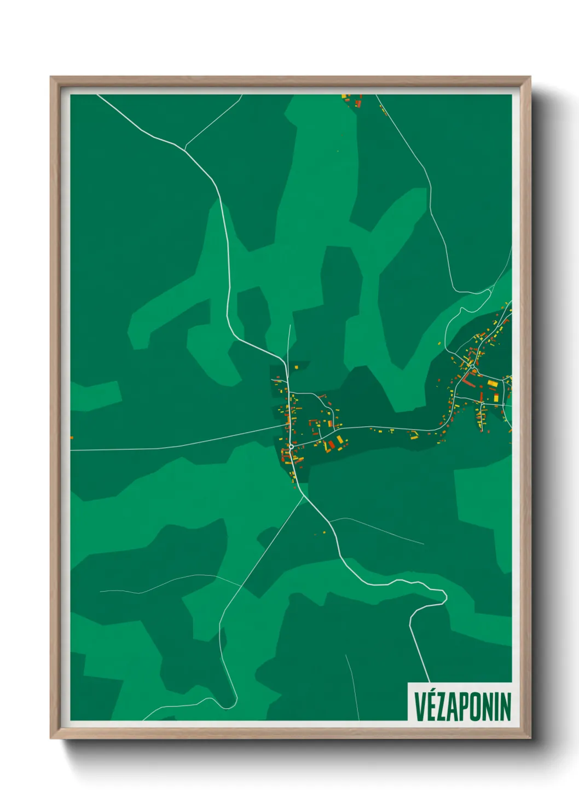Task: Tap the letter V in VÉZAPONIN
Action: [x=420, y=706]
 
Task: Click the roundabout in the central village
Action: [x=292, y=447]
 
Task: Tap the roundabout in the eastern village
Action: [x=472, y=374]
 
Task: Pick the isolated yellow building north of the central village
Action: [x=296, y=366]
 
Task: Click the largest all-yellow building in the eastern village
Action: [x=493, y=384]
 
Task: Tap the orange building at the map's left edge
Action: [x=72, y=437]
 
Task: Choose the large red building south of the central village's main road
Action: [x=331, y=444]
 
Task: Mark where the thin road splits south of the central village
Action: [x=303, y=497]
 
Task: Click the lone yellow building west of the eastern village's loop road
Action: [x=439, y=343]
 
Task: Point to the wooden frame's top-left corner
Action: [x=51, y=78]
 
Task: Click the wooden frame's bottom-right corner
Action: [x=530, y=738]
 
